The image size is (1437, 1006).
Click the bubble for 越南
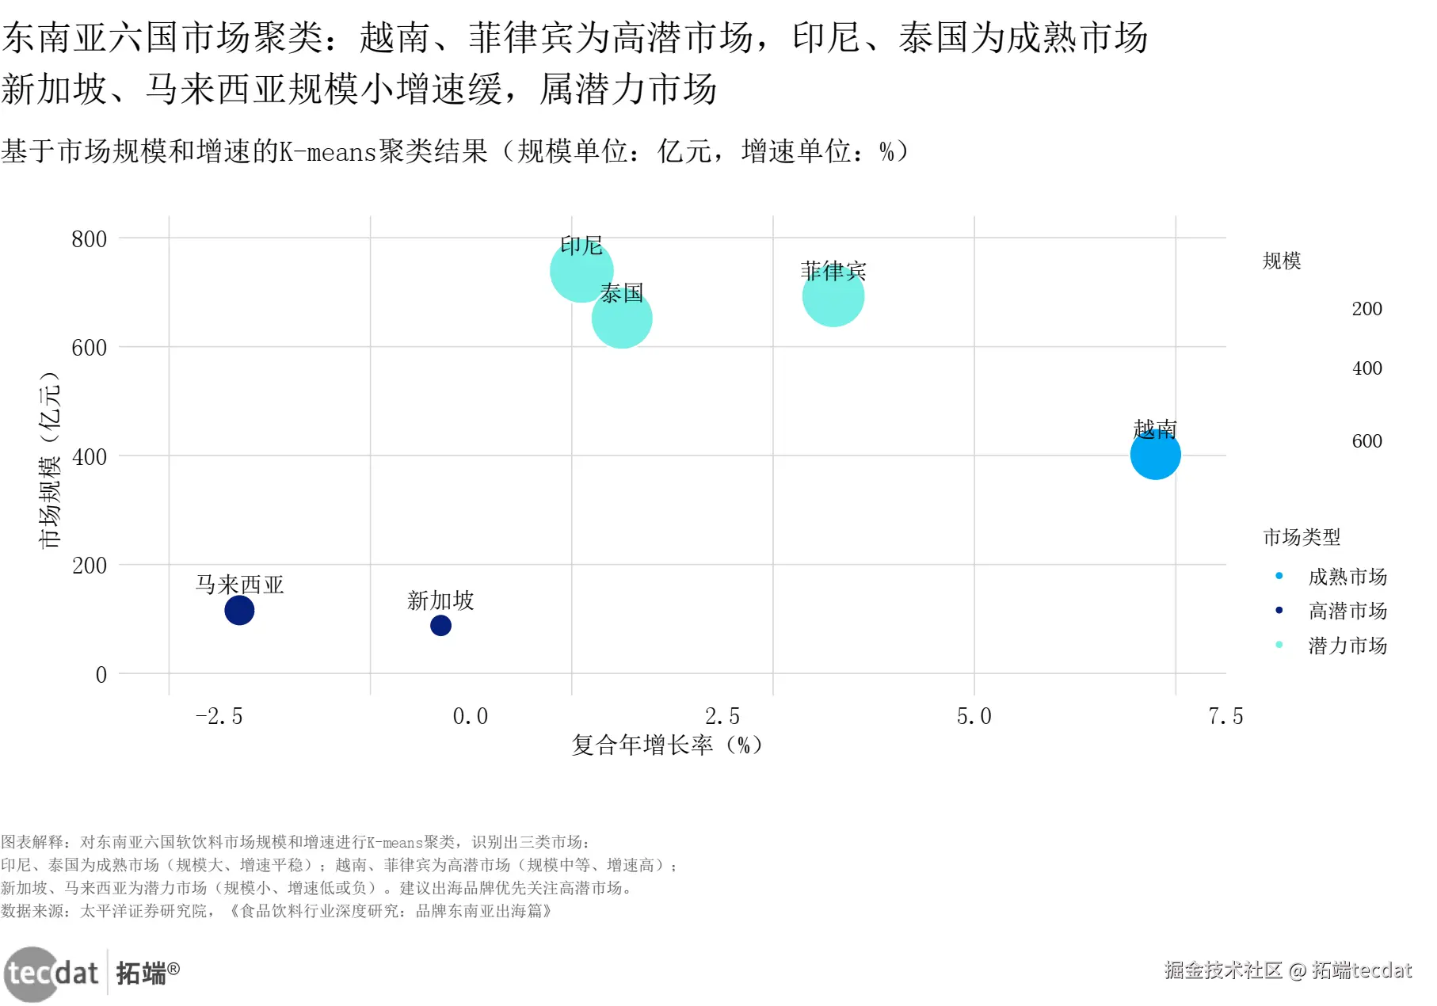tap(1155, 455)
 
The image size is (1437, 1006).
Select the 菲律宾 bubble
tap(833, 296)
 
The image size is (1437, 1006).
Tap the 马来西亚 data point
tap(239, 610)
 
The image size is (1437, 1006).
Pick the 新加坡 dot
tap(440, 626)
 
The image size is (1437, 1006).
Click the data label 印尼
tap(581, 246)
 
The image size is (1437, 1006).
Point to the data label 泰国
tap(622, 293)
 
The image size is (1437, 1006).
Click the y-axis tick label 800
tap(89, 239)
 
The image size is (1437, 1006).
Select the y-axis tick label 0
tap(101, 675)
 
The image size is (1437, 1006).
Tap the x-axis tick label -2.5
tap(219, 717)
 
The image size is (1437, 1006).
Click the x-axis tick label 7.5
tap(1225, 717)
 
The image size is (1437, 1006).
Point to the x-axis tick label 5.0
tap(974, 717)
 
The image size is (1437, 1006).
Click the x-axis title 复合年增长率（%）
tap(667, 745)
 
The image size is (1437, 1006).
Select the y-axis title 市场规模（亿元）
tap(50, 459)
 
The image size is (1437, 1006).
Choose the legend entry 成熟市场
tap(1347, 577)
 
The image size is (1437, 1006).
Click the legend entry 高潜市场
tap(1347, 611)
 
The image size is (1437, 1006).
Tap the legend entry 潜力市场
tap(1347, 646)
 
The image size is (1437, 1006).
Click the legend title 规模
tap(1282, 261)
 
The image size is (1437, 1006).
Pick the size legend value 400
tap(1366, 368)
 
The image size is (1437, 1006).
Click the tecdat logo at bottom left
tap(54, 973)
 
